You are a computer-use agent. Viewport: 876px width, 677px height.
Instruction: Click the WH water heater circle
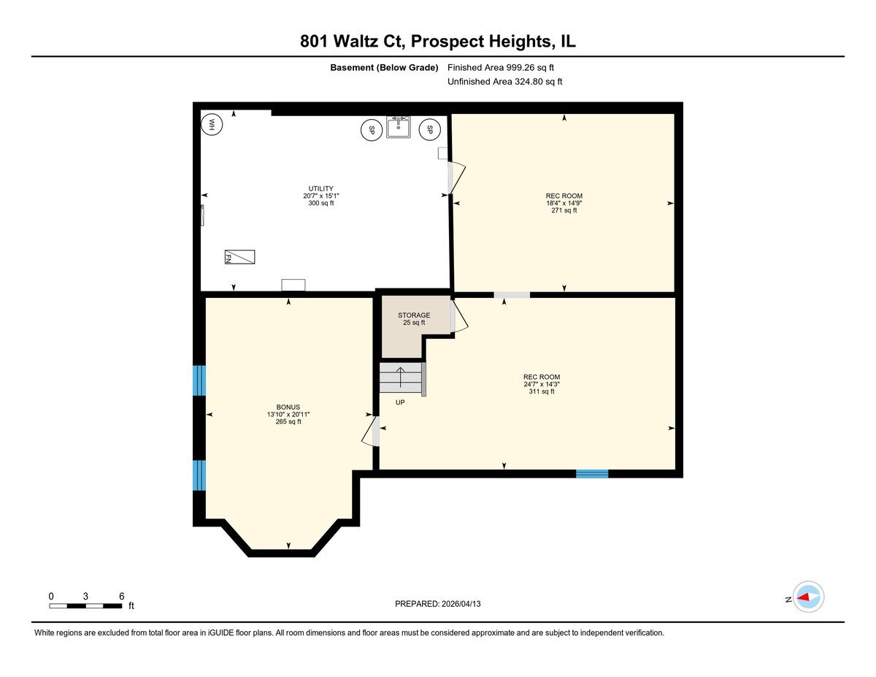pyautogui.click(x=212, y=124)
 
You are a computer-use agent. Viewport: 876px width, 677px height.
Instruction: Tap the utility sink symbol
pyautogui.click(x=399, y=127)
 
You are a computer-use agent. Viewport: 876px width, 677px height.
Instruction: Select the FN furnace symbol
pyautogui.click(x=239, y=257)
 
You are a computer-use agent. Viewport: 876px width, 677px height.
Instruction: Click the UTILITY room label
pyautogui.click(x=320, y=188)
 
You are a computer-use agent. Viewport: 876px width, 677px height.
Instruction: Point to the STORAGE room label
pyautogui.click(x=414, y=315)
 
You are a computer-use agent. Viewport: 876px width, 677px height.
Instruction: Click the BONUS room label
pyautogui.click(x=288, y=408)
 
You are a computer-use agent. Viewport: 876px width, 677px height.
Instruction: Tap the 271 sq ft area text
pyautogui.click(x=564, y=210)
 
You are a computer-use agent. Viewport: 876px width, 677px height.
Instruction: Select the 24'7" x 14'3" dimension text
pyautogui.click(x=541, y=384)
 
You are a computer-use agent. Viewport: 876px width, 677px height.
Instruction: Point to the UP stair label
pyautogui.click(x=400, y=402)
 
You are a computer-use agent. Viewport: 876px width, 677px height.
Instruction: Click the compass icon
pyautogui.click(x=809, y=597)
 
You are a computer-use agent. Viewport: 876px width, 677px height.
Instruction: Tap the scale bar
pyautogui.click(x=85, y=605)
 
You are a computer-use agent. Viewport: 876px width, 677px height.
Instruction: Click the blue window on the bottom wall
pyautogui.click(x=592, y=474)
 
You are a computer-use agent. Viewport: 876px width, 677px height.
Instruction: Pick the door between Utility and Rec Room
pyautogui.click(x=456, y=177)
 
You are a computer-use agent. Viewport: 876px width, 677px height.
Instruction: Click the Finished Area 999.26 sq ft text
pyautogui.click(x=506, y=68)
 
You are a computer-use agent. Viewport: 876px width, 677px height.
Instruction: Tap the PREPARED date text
pyautogui.click(x=439, y=604)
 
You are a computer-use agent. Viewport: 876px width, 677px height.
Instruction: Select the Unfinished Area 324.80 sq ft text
pyautogui.click(x=505, y=82)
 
